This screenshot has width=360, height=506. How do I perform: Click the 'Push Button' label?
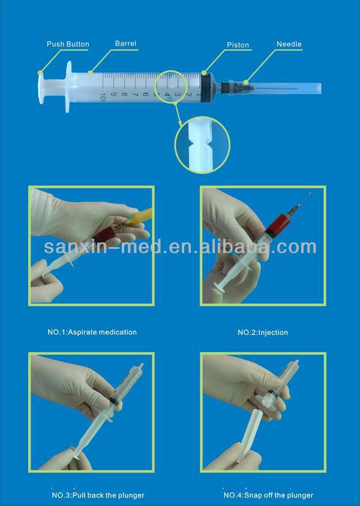click(68, 44)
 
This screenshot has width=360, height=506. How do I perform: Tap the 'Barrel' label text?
click(125, 43)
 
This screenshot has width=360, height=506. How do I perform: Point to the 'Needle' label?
click(289, 44)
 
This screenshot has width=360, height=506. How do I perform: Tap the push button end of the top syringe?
click(41, 86)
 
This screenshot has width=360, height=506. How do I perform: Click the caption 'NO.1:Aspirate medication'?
click(92, 332)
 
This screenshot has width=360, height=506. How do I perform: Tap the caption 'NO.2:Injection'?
click(263, 332)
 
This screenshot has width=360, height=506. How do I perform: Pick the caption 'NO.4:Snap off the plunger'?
click(268, 495)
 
